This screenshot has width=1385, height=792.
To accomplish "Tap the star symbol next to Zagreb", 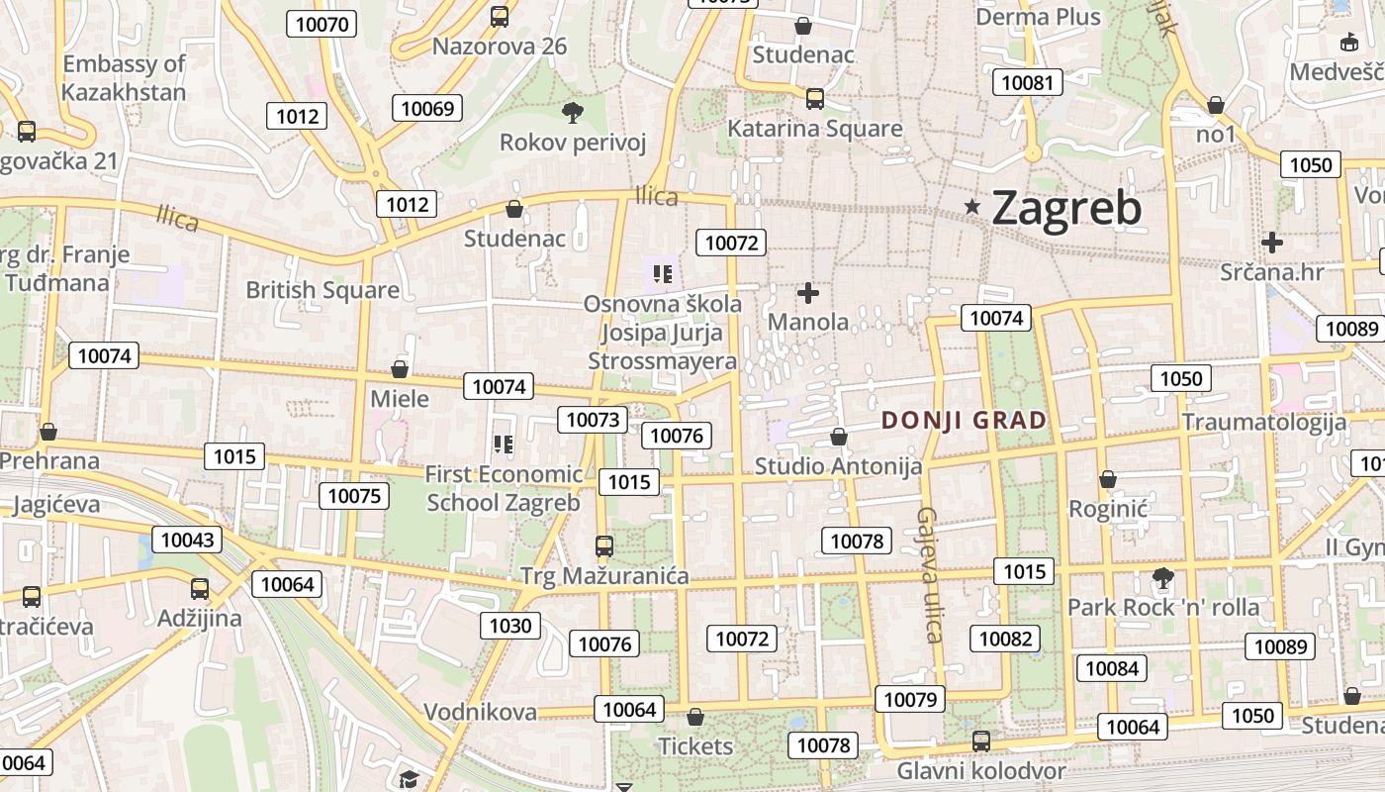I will (973, 207).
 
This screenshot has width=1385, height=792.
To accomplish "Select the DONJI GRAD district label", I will (964, 420).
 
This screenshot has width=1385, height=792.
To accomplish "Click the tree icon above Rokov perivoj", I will (572, 112).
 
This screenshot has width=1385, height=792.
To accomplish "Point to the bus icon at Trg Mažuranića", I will (603, 545).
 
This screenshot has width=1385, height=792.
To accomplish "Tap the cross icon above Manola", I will (808, 293).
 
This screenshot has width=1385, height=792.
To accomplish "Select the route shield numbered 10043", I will (187, 540).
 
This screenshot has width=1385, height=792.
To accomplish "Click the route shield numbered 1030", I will (510, 625).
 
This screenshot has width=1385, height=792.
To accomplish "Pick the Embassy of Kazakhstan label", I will (124, 78).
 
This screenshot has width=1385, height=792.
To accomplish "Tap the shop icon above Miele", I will (400, 369).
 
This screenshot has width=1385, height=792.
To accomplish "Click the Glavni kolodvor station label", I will (981, 770).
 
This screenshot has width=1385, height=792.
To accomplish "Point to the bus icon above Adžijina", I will (200, 589).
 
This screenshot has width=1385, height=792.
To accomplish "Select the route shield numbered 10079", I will (910, 700).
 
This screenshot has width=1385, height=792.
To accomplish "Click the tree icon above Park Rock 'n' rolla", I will (1163, 577).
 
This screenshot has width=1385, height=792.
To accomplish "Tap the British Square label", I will (323, 290).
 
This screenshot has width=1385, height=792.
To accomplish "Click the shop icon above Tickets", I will (695, 717).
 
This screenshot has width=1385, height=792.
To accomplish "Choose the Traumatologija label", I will (1264, 422).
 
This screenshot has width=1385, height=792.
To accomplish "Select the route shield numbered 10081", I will (1028, 82).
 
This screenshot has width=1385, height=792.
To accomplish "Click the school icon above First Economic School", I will (504, 445).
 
